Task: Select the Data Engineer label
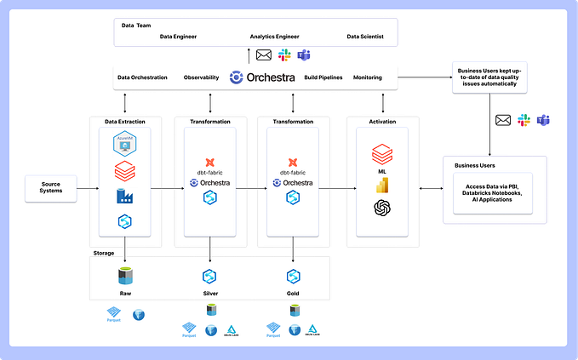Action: pyautogui.click(x=178, y=37)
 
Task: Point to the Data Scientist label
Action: pyautogui.click(x=365, y=37)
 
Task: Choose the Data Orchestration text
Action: pyautogui.click(x=141, y=77)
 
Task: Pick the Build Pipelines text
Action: pyautogui.click(x=323, y=77)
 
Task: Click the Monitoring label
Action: pyautogui.click(x=368, y=77)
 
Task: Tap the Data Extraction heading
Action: pyautogui.click(x=124, y=121)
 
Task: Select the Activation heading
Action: pyautogui.click(x=381, y=121)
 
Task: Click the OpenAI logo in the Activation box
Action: pyautogui.click(x=381, y=209)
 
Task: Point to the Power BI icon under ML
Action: pyautogui.click(x=381, y=185)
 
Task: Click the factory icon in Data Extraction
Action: pyautogui.click(x=125, y=197)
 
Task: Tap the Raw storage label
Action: pyautogui.click(x=125, y=293)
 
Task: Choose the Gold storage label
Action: pyautogui.click(x=293, y=293)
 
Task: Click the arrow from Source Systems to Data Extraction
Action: pyautogui.click(x=83, y=189)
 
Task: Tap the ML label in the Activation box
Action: pyautogui.click(x=381, y=170)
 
